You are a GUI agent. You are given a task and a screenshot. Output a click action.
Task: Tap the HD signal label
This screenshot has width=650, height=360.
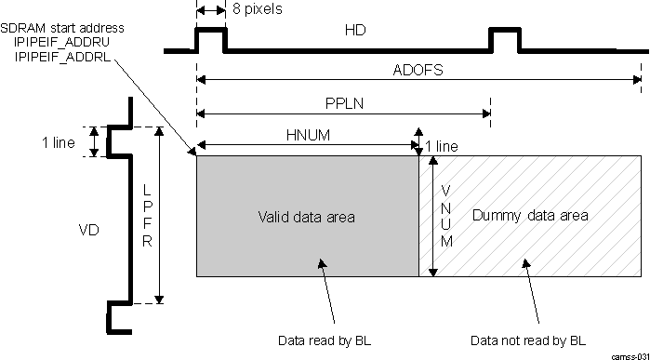[x=354, y=32]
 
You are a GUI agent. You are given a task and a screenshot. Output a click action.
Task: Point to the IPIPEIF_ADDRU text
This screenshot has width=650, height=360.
[x=64, y=42]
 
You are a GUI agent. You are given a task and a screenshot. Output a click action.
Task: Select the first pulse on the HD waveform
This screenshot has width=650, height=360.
[x=210, y=38]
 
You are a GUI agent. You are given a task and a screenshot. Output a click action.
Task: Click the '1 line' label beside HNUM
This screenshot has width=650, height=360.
[x=441, y=146]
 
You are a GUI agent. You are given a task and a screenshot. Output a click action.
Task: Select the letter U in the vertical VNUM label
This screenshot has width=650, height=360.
[x=446, y=223]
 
